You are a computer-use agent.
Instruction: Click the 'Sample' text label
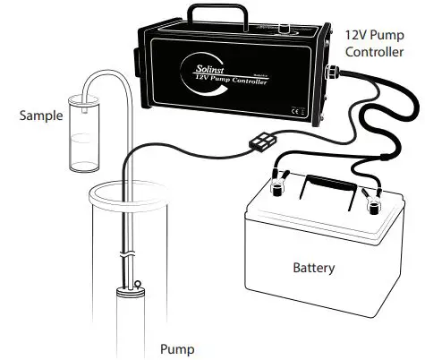[x=38, y=116]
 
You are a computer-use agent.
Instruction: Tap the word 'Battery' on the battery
[x=316, y=268]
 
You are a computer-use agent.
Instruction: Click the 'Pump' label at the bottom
[x=175, y=348]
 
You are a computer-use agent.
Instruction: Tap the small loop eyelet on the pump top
[x=140, y=286]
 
